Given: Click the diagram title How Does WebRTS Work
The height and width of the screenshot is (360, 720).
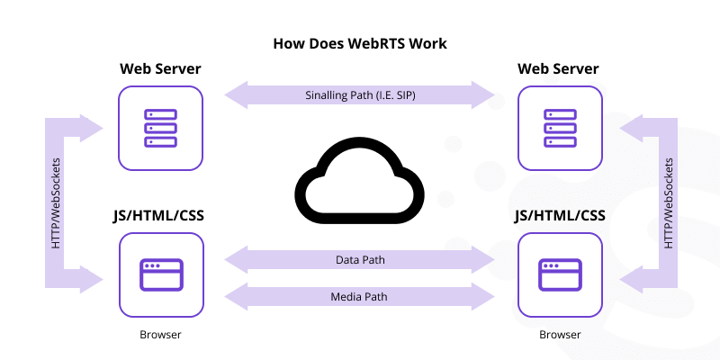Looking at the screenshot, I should point(360,43).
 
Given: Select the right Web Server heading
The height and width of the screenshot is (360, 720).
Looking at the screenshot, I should point(559,69).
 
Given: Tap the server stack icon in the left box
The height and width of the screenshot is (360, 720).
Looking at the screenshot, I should point(161,128).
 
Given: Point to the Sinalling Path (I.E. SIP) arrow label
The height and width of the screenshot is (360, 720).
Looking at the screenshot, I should point(360,94).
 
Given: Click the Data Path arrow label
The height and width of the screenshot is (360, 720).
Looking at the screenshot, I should point(360,260).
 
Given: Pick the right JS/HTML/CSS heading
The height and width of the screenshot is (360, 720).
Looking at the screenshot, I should point(559,216).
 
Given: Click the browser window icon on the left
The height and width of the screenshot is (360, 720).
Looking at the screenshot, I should point(161,274).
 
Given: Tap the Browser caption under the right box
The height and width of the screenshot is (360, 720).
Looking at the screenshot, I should point(559,335).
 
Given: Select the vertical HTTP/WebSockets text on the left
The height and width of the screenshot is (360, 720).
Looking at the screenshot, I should point(56,202).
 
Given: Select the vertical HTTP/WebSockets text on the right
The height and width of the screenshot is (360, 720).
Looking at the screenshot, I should point(667,202).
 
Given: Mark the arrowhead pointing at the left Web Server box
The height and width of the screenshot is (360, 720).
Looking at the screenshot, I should point(94,128).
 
